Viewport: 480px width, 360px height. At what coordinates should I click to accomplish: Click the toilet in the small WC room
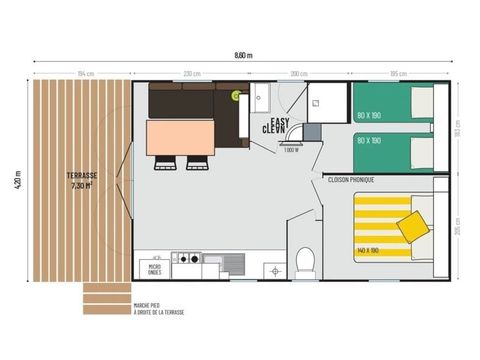point(305,262)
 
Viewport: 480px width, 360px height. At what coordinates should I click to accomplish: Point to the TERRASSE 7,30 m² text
point(82,180)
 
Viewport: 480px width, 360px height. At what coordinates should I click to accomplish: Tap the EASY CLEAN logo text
point(275,125)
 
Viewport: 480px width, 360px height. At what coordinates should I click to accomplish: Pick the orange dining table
point(181,137)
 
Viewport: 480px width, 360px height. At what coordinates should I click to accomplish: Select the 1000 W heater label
point(291,150)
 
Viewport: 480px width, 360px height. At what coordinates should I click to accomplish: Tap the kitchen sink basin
point(232,264)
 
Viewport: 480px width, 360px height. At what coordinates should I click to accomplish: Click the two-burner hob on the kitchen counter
point(187,264)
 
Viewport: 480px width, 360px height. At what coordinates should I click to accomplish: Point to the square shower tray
point(326,102)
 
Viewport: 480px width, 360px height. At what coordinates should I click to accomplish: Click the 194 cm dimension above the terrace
point(83,74)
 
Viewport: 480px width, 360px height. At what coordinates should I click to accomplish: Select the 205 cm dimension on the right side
point(457,229)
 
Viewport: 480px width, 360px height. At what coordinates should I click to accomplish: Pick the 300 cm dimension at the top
point(298,74)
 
